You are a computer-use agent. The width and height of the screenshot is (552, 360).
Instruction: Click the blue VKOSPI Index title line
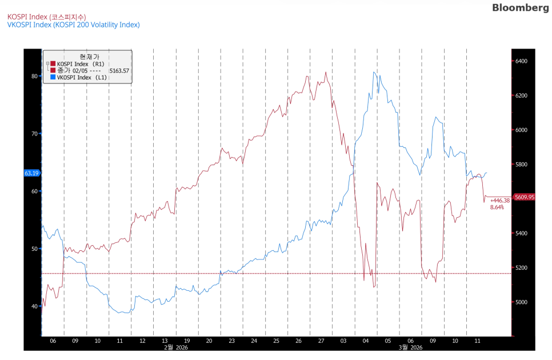pos(73,25)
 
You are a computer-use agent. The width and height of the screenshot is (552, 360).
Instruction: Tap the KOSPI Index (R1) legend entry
pos(81,64)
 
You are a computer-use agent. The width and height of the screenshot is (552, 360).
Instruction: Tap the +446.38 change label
pos(499,201)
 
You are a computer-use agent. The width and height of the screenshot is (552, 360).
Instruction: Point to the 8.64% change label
pos(497,207)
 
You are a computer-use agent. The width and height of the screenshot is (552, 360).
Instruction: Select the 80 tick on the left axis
pos(34,76)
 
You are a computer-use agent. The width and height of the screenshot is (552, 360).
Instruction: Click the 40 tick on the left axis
pos(34,306)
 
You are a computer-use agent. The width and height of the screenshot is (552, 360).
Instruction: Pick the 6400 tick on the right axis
pos(521,61)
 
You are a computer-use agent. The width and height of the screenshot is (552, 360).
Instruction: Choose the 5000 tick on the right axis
pos(521,302)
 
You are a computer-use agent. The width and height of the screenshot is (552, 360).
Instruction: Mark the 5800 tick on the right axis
pos(521,165)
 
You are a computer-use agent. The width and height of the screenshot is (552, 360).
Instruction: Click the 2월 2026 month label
pos(175,347)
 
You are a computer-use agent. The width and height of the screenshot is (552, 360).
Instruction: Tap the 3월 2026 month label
pos(410,347)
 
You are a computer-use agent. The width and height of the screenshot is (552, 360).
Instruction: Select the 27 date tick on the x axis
pos(321,341)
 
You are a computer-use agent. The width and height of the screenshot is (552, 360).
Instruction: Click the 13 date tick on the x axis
pos(165,341)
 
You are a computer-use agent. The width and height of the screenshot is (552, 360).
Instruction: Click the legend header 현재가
pos(89,57)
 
